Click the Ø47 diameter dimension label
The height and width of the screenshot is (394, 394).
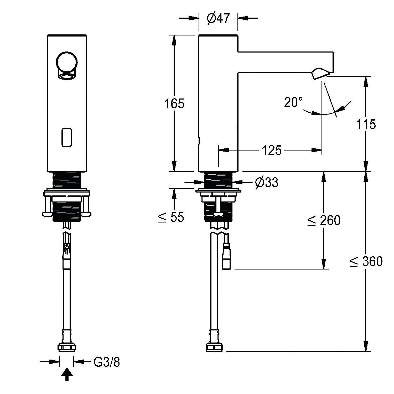218,18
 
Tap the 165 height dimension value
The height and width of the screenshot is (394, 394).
174,104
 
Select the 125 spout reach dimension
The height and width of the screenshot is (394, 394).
272,151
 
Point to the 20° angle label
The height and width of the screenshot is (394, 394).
293,102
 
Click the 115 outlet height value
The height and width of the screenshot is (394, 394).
366,124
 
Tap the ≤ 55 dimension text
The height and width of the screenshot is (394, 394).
171,217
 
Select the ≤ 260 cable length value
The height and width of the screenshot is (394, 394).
324,220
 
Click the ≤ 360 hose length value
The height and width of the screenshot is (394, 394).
366,261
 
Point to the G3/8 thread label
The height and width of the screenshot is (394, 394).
107,362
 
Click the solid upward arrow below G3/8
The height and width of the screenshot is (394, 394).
67,375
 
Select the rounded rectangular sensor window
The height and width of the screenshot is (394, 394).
67,137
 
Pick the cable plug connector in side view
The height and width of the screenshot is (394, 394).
226,256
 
